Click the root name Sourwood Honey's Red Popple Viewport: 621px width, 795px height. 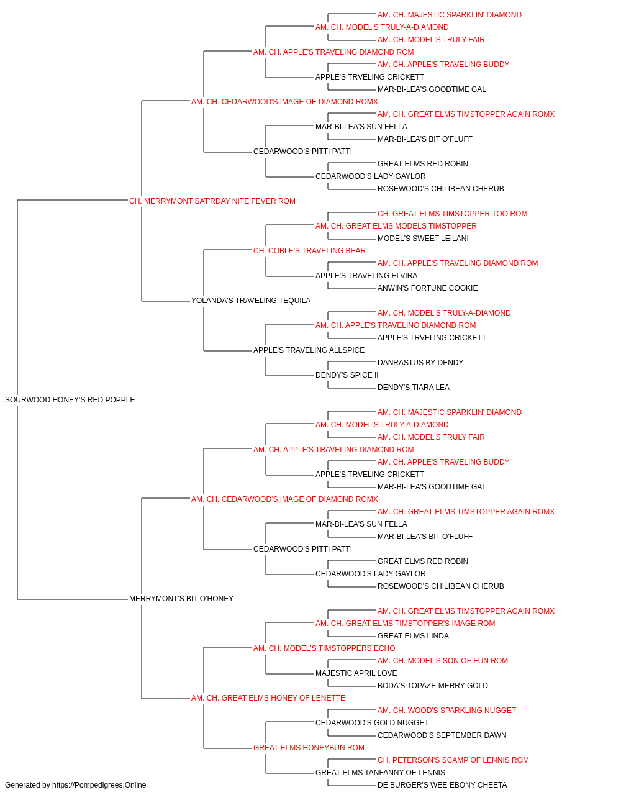(x=70, y=400)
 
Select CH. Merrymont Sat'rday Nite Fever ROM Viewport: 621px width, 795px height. (x=212, y=201)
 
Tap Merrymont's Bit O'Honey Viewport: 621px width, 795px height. (x=181, y=599)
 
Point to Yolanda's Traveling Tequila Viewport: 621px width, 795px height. (x=250, y=301)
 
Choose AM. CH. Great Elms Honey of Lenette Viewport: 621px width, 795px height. (x=268, y=698)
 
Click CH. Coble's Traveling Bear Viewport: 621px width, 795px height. (x=309, y=251)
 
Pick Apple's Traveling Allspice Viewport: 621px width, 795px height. (x=309, y=350)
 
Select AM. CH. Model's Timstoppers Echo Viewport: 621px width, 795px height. (x=324, y=648)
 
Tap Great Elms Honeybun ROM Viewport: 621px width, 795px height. (x=309, y=748)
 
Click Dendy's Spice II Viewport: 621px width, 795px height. (x=347, y=375)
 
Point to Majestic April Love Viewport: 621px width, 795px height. (x=356, y=673)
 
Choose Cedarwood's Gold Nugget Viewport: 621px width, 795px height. (x=372, y=723)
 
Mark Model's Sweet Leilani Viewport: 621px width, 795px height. (x=423, y=238)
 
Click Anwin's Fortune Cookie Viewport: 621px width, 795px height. (x=427, y=288)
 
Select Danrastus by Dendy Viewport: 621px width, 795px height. (x=420, y=363)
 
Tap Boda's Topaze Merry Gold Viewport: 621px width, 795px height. (x=432, y=686)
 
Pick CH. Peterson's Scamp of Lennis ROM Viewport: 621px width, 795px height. (x=453, y=760)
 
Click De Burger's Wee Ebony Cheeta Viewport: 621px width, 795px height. (x=442, y=785)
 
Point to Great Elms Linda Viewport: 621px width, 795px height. (x=413, y=636)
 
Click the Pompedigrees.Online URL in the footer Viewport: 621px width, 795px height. (x=99, y=785)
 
